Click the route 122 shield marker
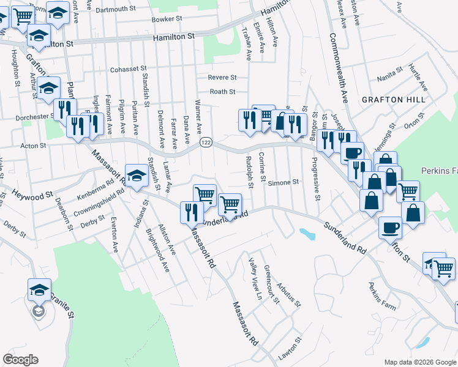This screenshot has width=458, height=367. pos(206,142)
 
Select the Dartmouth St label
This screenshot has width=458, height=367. pos(115,9)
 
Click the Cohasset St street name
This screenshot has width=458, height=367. pos(129,69)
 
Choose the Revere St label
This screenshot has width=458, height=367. pos(222,78)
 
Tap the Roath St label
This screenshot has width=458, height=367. pos(223,92)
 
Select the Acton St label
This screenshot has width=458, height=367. pos(34,146)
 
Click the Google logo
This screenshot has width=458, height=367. pos(20,360)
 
